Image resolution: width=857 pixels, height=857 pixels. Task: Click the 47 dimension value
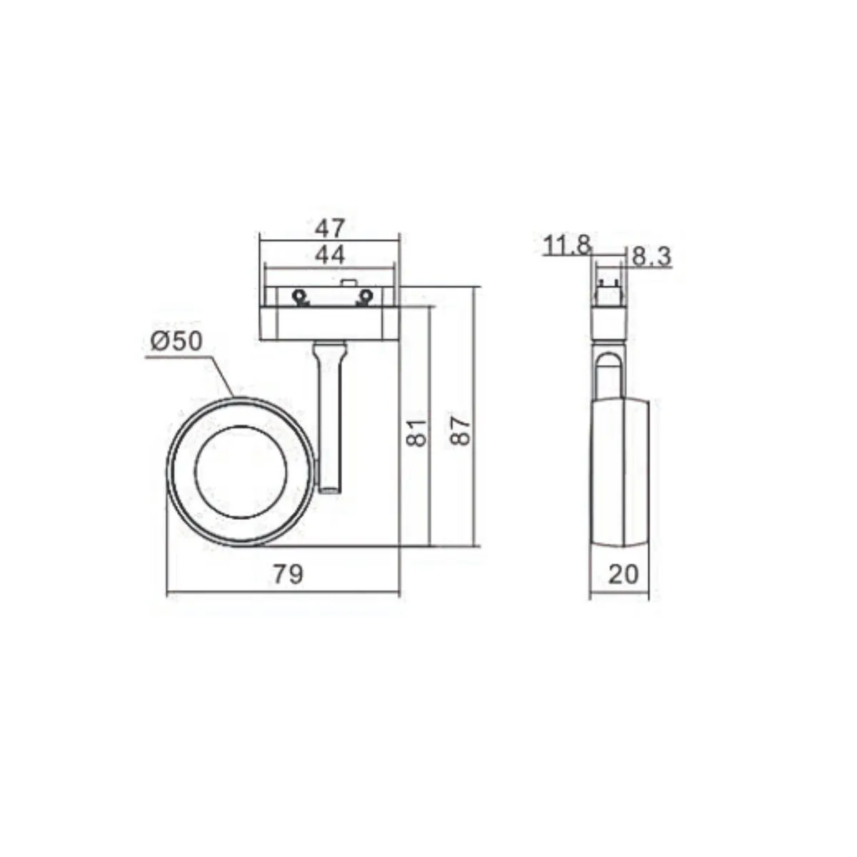[329, 229]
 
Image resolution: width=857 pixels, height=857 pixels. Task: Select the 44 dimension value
[329, 255]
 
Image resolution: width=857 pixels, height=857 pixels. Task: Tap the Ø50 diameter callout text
[176, 341]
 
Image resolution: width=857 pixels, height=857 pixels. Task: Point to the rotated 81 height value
[416, 432]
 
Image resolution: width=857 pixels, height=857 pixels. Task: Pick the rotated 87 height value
[460, 431]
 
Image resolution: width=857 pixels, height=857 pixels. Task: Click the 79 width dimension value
[289, 573]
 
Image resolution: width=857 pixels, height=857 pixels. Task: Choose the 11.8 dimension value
[567, 245]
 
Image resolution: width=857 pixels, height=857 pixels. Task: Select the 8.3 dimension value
[651, 256]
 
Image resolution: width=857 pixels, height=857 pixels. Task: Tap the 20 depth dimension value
[623, 574]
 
